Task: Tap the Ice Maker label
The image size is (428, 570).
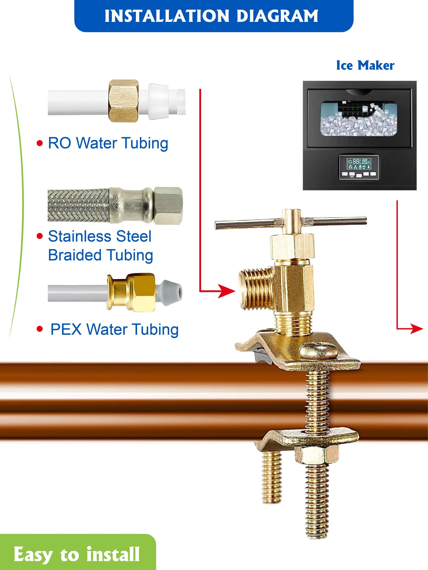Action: (x=365, y=65)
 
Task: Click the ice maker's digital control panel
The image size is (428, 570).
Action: (x=359, y=167)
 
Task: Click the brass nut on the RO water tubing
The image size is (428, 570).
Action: (x=124, y=101)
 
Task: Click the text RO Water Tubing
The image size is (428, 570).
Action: (x=108, y=143)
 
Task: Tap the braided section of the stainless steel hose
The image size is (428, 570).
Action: (x=78, y=206)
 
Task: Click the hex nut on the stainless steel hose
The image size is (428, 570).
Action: (x=168, y=206)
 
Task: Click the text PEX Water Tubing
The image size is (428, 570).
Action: (x=114, y=330)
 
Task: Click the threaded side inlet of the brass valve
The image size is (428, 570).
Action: (x=255, y=289)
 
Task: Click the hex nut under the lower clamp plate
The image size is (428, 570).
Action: (x=317, y=454)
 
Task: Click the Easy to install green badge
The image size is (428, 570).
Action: (x=77, y=554)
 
